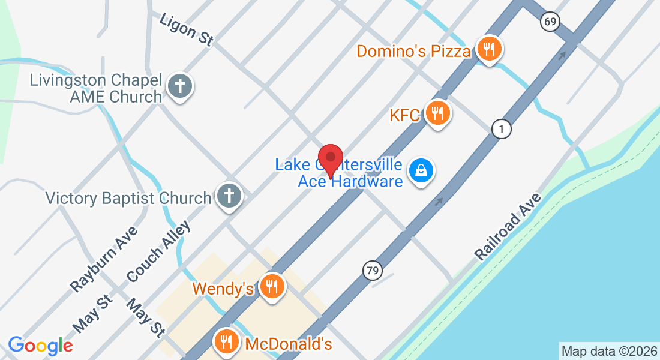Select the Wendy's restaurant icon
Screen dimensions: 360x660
[x=272, y=287]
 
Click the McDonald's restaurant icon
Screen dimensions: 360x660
[x=226, y=342]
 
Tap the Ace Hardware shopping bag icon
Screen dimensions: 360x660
[x=422, y=171]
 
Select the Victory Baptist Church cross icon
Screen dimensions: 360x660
[x=229, y=196]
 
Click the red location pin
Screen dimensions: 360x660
[x=330, y=158]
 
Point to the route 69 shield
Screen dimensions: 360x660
[x=550, y=22]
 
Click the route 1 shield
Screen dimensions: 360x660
[x=501, y=128]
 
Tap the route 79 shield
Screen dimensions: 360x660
[x=373, y=271]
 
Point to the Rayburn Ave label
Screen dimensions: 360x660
[x=104, y=259]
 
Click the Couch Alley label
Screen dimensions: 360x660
[x=158, y=252]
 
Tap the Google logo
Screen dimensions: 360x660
[x=40, y=346]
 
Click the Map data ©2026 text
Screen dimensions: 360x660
[x=609, y=351]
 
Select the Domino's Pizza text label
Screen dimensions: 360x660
[x=413, y=51]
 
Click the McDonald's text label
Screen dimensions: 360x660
[x=289, y=344]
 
